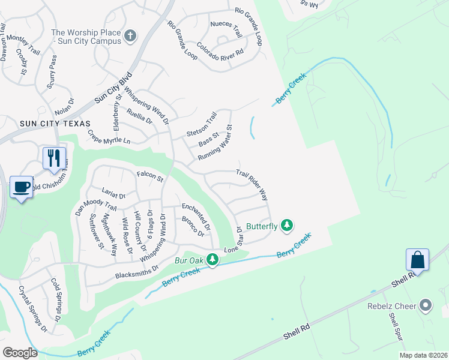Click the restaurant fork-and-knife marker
pos(54,158)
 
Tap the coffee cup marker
pos(22,187)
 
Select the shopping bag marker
pos(418,260)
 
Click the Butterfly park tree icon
pos(288,225)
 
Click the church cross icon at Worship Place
pos(130,37)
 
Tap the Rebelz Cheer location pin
pos(426,306)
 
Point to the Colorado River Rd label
pos(220,49)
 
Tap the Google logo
pos(20,353)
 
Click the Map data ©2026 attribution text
pos(423,355)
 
